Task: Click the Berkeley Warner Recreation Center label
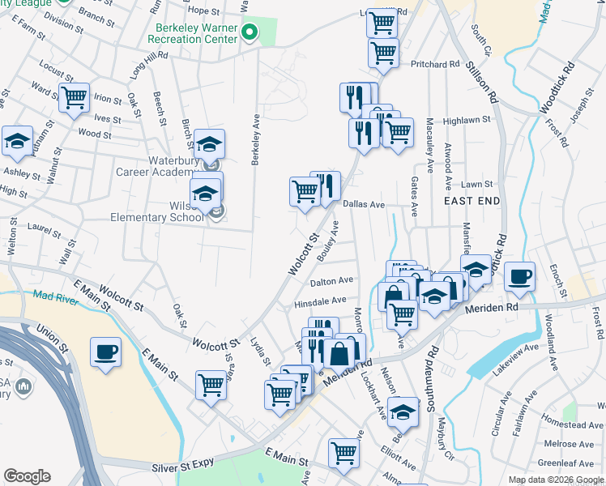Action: click(198, 33)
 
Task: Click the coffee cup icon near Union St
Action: click(106, 352)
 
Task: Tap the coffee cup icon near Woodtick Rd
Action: click(519, 277)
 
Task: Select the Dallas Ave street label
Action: click(363, 205)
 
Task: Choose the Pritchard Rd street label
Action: click(435, 64)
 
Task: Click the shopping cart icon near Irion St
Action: click(74, 97)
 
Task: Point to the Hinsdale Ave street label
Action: click(321, 301)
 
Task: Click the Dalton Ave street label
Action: click(332, 281)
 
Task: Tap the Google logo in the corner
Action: click(27, 476)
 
